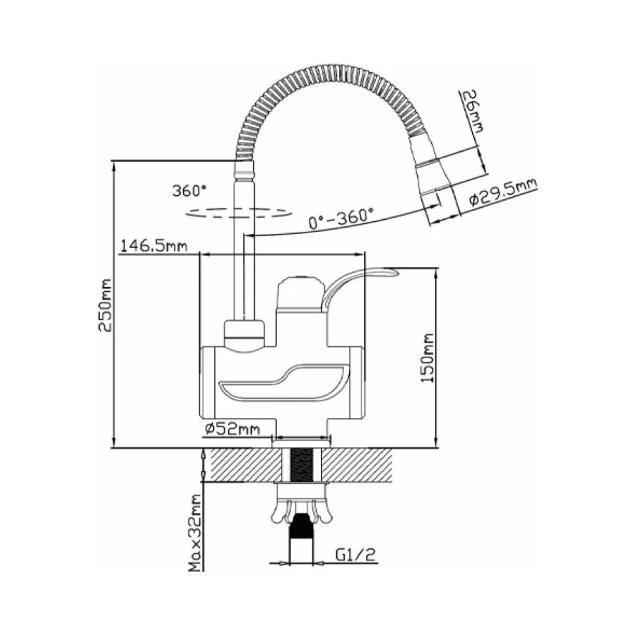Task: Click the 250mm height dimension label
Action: (x=105, y=305)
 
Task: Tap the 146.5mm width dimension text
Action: (x=154, y=246)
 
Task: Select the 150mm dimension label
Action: (x=427, y=358)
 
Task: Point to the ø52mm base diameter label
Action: (x=232, y=428)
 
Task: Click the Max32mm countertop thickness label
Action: (x=196, y=533)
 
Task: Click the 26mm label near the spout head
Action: (x=473, y=111)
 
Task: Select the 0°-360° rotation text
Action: (x=341, y=218)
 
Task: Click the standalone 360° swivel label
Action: (x=189, y=190)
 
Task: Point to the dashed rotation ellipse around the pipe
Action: (x=239, y=213)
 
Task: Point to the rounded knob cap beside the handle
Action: (x=300, y=293)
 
